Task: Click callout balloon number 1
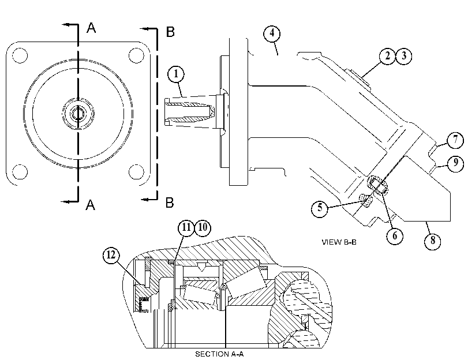pos(176,74)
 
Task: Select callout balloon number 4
pos(272,33)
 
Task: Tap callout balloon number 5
pos(320,208)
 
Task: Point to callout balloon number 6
pos(395,236)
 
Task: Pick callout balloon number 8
pos(432,241)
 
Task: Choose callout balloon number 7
pos(455,140)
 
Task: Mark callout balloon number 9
pos(455,163)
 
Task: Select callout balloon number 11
pos(186,228)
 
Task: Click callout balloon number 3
pos(403,56)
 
